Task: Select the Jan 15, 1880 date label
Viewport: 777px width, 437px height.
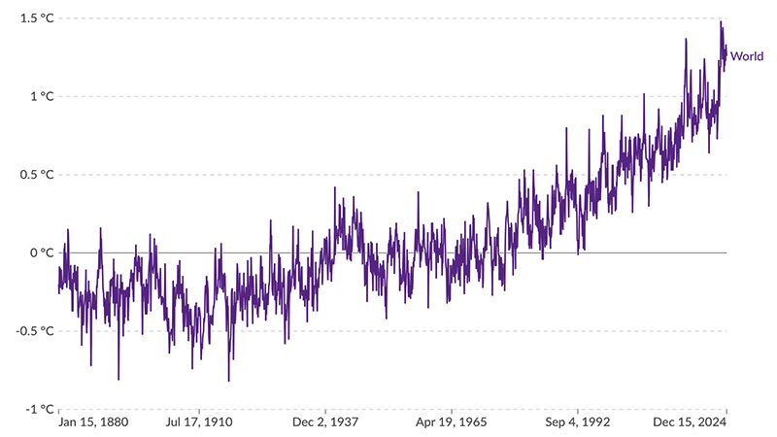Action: [94, 423]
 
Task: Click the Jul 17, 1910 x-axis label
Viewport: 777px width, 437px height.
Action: [199, 423]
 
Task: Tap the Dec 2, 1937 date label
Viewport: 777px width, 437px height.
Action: [324, 423]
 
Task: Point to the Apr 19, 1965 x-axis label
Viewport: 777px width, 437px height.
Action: [451, 423]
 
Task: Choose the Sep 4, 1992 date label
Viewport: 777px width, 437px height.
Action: [577, 423]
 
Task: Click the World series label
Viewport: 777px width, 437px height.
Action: [747, 56]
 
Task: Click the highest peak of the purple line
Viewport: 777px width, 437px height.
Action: [721, 22]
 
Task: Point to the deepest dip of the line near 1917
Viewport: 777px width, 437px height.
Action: [229, 381]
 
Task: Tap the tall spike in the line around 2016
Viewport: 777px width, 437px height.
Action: [686, 40]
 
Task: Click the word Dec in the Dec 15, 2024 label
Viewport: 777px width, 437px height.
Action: [662, 423]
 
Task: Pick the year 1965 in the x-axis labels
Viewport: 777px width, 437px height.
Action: [471, 423]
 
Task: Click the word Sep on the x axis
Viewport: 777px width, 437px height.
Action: [556, 423]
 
